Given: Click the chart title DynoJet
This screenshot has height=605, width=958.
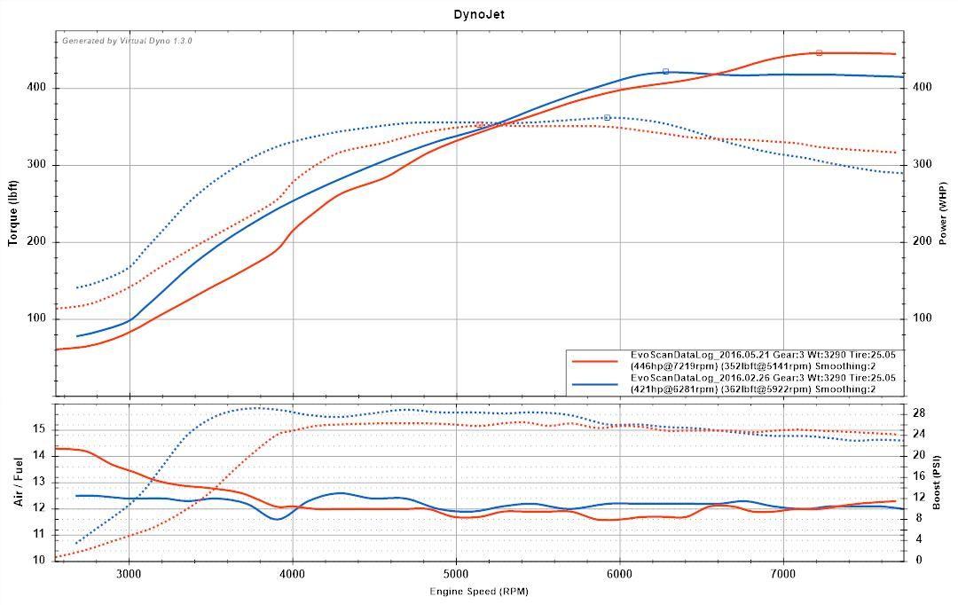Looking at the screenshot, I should (479, 14).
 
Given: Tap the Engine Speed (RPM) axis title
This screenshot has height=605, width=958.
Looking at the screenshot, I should (479, 591).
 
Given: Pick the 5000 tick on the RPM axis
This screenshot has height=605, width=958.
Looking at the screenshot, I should (456, 574).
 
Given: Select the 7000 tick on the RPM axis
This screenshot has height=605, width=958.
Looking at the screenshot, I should (783, 574).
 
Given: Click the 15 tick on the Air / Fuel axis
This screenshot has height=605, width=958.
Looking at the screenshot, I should (39, 428).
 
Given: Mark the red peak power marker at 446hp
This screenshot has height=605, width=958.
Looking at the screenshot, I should (819, 53).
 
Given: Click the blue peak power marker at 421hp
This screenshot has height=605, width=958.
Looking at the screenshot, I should (665, 72).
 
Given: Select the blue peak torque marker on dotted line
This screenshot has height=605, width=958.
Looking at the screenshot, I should (607, 118).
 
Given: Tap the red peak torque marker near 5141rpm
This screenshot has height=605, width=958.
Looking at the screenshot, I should (480, 125).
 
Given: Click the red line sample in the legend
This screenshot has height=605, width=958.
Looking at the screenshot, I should (594, 361).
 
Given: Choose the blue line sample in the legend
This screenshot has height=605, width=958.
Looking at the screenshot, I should (594, 384).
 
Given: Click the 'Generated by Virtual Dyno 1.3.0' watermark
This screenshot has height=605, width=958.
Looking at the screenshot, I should (127, 41).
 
